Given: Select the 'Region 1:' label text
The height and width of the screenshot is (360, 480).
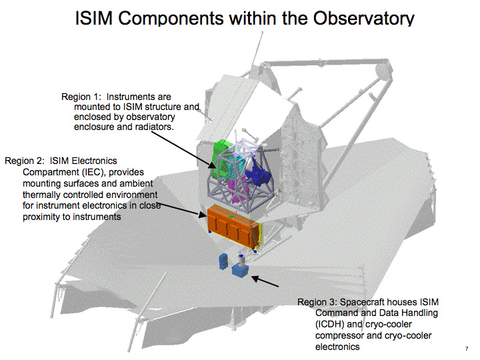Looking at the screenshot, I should (81, 97).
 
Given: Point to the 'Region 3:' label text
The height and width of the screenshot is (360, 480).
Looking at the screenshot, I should (317, 302).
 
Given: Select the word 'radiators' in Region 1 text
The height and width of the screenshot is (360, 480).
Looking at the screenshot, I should (153, 127).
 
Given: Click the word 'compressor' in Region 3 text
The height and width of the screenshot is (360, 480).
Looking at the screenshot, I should (339, 336).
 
